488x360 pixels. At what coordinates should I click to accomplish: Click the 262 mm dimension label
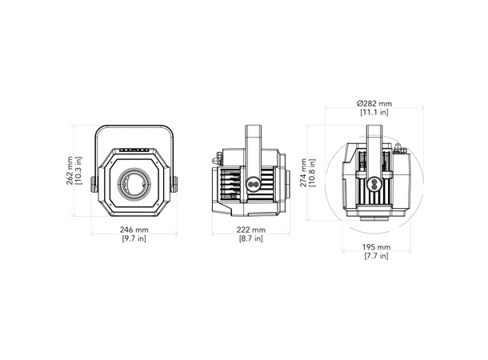(70, 171)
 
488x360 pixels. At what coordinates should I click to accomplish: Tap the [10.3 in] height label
(78, 171)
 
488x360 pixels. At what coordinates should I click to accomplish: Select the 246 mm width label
(134, 230)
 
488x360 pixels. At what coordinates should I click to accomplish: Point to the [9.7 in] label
(134, 238)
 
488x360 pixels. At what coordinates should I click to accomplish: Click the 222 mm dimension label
(251, 230)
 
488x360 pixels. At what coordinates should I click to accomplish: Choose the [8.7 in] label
(251, 238)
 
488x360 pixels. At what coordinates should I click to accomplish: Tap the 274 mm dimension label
(303, 173)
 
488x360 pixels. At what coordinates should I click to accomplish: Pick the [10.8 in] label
(312, 173)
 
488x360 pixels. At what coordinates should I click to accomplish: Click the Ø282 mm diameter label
(374, 104)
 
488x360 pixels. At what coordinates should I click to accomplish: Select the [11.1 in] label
(374, 112)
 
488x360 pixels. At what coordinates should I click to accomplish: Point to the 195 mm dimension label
(376, 247)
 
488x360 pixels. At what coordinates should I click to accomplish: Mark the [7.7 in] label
(376, 256)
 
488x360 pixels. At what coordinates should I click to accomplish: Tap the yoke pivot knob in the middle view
(253, 184)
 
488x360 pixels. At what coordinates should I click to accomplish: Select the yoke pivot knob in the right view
(374, 184)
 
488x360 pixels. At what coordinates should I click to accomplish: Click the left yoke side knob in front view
(94, 185)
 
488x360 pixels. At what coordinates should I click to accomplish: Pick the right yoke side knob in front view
(174, 185)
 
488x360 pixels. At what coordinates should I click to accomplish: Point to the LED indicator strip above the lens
(134, 150)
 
